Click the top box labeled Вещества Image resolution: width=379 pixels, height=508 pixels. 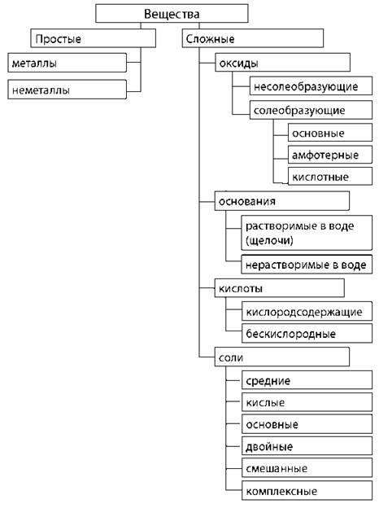click(172, 13)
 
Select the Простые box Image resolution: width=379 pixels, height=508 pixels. click(94, 38)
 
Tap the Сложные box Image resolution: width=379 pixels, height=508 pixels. click(253, 38)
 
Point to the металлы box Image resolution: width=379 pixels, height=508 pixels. click(67, 63)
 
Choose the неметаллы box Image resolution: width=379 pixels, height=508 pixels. click(67, 90)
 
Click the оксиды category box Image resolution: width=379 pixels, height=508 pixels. click(282, 62)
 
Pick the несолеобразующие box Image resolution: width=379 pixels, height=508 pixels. click(311, 85)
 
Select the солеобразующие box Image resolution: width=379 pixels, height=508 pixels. click(311, 110)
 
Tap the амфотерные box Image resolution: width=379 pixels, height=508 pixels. click(330, 155)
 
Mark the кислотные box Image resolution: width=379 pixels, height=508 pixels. click(330, 176)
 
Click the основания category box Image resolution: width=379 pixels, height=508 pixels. click(282, 201)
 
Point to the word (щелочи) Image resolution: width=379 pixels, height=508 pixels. click(269, 240)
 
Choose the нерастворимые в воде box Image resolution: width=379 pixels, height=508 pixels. click(307, 265)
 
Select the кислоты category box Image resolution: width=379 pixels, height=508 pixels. click(279, 288)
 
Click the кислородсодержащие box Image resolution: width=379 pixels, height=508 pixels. click(307, 312)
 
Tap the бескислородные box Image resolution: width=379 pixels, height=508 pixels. click(307, 334)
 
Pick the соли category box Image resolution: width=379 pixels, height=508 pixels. click(282, 357)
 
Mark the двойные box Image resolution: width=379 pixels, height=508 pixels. click(307, 446)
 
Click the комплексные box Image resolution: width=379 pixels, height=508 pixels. click(307, 491)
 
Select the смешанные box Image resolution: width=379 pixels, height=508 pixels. click(307, 468)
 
